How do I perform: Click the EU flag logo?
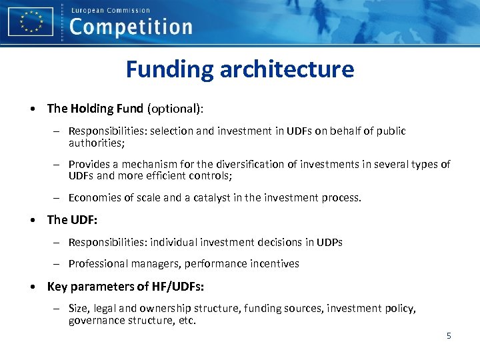click(30, 21)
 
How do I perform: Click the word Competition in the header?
click(131, 27)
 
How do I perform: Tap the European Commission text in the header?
click(110, 10)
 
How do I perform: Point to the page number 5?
click(449, 335)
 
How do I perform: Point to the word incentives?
click(274, 263)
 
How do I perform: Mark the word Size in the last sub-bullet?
click(79, 308)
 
